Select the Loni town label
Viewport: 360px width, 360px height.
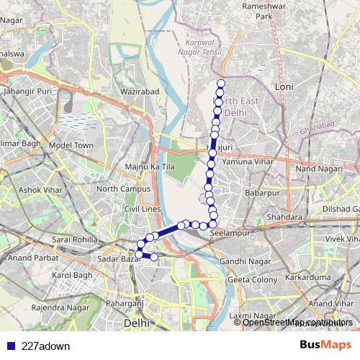pos(284,86)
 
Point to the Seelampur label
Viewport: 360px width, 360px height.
pos(228,234)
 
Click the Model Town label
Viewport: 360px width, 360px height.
pos(72,145)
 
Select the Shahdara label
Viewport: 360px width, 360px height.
pos(284,216)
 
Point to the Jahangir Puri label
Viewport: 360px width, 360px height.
pos(28,91)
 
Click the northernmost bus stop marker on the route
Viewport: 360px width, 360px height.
pos(220,84)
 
